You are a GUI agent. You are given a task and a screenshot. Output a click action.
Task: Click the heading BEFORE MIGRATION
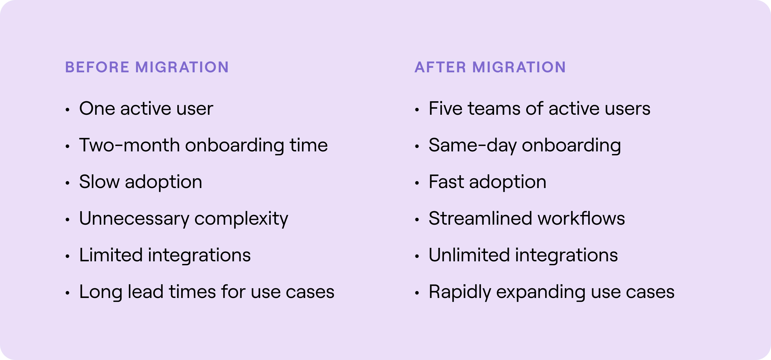[x=147, y=67]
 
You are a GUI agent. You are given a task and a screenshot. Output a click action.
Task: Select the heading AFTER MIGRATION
[x=490, y=67]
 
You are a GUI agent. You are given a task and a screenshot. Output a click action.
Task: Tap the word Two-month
[x=129, y=145]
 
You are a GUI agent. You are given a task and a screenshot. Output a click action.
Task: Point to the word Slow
[x=99, y=182]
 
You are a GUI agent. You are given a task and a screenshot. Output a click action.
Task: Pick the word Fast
[x=446, y=182]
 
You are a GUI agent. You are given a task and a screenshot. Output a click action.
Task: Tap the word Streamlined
[x=481, y=218]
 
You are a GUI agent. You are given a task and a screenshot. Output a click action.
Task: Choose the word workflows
[x=581, y=218]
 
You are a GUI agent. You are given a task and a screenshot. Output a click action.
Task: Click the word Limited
[x=111, y=255]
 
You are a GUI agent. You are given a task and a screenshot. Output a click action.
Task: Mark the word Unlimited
[x=469, y=255]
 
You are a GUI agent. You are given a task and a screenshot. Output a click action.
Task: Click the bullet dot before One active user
[x=67, y=110]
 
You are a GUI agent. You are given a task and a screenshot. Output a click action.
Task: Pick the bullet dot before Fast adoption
[x=417, y=183]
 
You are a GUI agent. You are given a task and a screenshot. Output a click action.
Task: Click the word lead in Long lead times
[x=146, y=292]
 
